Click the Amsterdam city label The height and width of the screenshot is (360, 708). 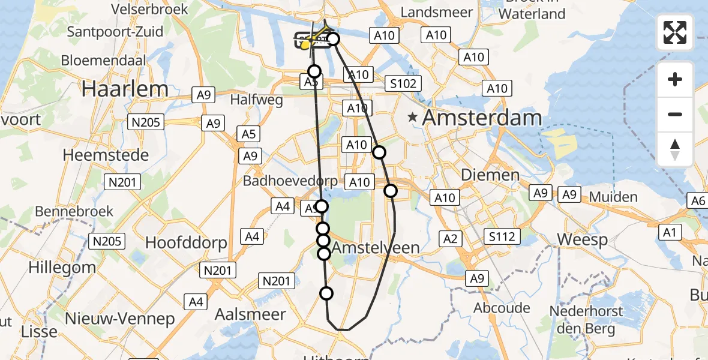coord(482,118)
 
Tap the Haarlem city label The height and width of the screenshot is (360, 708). coord(125,89)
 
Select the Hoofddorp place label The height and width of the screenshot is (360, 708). coord(187,243)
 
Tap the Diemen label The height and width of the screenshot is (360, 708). coord(490,175)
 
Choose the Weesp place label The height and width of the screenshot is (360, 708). coord(581,239)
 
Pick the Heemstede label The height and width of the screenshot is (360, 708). coord(106,155)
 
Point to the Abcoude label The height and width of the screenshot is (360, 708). coord(502,308)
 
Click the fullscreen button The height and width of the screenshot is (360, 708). coord(675,32)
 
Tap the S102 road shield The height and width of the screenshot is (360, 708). coord(403,83)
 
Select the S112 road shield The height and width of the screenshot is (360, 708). coord(502,236)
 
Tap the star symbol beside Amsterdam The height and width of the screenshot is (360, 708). coord(413,118)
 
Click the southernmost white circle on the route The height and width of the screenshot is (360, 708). coord(326,293)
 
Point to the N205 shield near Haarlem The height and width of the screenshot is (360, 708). coord(145,122)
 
